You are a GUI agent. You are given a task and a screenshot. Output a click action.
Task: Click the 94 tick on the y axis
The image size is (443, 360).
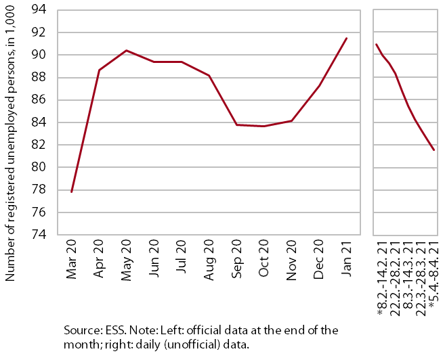(39, 10)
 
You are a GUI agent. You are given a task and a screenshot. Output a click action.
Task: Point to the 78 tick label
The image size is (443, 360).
(39, 190)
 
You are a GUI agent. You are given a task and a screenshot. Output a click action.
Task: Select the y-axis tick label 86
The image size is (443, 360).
(39, 100)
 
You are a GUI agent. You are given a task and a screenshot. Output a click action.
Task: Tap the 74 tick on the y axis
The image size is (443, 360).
(39, 235)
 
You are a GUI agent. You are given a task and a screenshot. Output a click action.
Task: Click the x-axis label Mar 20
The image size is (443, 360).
(71, 259)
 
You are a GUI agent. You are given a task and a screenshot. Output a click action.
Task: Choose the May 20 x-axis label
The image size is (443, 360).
(126, 261)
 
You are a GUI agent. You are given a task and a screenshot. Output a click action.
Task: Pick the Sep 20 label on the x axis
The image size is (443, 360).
(236, 259)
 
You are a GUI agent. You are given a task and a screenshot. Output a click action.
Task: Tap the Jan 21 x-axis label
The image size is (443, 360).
(346, 258)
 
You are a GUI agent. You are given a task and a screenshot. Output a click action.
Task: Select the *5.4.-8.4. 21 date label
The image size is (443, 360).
(434, 275)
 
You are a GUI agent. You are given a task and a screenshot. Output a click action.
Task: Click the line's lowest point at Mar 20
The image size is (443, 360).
(72, 192)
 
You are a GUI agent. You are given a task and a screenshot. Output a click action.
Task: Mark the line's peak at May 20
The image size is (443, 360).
(126, 51)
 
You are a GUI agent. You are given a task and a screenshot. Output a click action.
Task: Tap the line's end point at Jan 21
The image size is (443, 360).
(346, 38)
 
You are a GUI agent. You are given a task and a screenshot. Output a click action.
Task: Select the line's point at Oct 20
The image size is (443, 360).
(263, 127)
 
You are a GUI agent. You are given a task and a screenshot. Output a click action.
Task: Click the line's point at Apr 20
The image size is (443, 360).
(99, 70)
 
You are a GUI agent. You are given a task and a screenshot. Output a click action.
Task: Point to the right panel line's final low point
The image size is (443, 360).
(434, 150)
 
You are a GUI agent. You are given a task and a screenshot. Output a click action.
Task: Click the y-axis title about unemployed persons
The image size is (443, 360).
(9, 143)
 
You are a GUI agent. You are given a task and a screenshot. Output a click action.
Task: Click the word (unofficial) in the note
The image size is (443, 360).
(189, 344)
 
